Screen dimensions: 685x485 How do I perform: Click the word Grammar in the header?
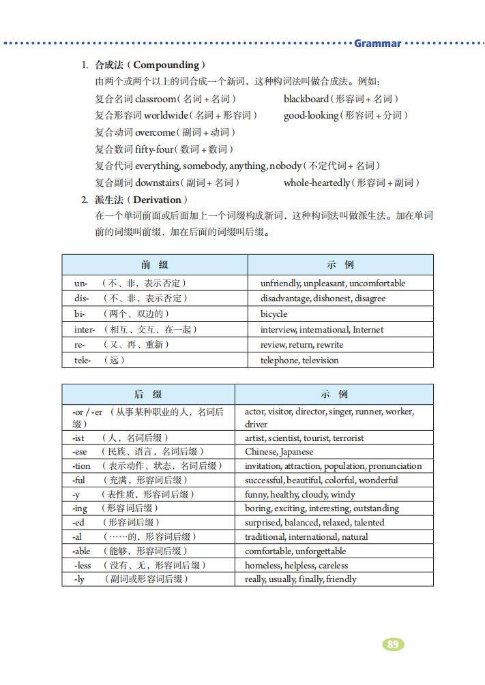click(x=377, y=44)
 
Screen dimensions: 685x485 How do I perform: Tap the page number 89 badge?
click(x=392, y=644)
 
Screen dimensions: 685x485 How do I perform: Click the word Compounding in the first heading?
click(x=166, y=65)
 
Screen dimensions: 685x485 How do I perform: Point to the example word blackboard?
click(x=306, y=99)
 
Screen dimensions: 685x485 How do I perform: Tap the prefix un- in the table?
click(x=80, y=283)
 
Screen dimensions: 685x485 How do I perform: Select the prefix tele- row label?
click(x=83, y=360)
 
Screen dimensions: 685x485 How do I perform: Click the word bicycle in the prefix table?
click(x=274, y=314)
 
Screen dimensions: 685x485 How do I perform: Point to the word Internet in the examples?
click(x=368, y=330)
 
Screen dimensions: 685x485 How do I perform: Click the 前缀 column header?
click(x=154, y=265)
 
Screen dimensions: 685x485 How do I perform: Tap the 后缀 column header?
click(x=148, y=395)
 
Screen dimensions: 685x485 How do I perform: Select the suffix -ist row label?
click(x=79, y=438)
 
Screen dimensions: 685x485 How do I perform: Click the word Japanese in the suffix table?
click(x=297, y=452)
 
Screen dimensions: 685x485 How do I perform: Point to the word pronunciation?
click(x=395, y=466)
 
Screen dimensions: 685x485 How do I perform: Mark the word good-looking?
click(x=310, y=116)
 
